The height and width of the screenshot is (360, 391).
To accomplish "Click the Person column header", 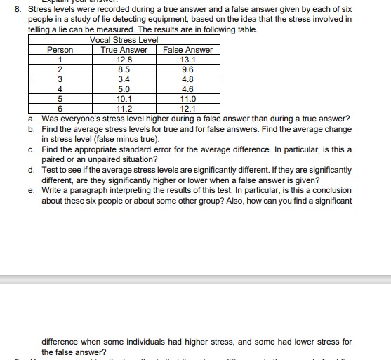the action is [60, 50].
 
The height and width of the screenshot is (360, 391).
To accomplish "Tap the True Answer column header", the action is [124, 50].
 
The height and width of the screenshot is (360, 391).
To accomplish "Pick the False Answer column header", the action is [187, 50].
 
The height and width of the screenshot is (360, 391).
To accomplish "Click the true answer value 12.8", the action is [124, 60].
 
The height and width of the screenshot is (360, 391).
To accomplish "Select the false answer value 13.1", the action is [187, 60].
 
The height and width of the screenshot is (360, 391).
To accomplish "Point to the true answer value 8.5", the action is [124, 69].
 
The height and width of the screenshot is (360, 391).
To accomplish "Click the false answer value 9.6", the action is [187, 69].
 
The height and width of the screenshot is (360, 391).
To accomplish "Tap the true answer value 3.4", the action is [124, 79].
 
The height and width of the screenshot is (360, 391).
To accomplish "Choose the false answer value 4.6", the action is [187, 89].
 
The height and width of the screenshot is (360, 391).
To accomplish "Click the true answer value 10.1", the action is [124, 99].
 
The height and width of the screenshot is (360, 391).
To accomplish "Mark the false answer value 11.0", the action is [187, 99].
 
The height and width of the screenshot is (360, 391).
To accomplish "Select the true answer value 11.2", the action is [124, 109].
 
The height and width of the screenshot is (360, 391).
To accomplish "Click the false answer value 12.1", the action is [187, 109].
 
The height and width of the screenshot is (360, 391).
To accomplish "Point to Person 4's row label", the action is [60, 89].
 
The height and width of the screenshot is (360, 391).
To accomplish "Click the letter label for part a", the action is [31, 119].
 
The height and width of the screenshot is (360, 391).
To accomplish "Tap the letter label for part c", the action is [31, 149].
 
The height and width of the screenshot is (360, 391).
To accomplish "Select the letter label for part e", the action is [31, 190].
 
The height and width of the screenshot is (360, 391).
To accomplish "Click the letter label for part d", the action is [31, 170].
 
